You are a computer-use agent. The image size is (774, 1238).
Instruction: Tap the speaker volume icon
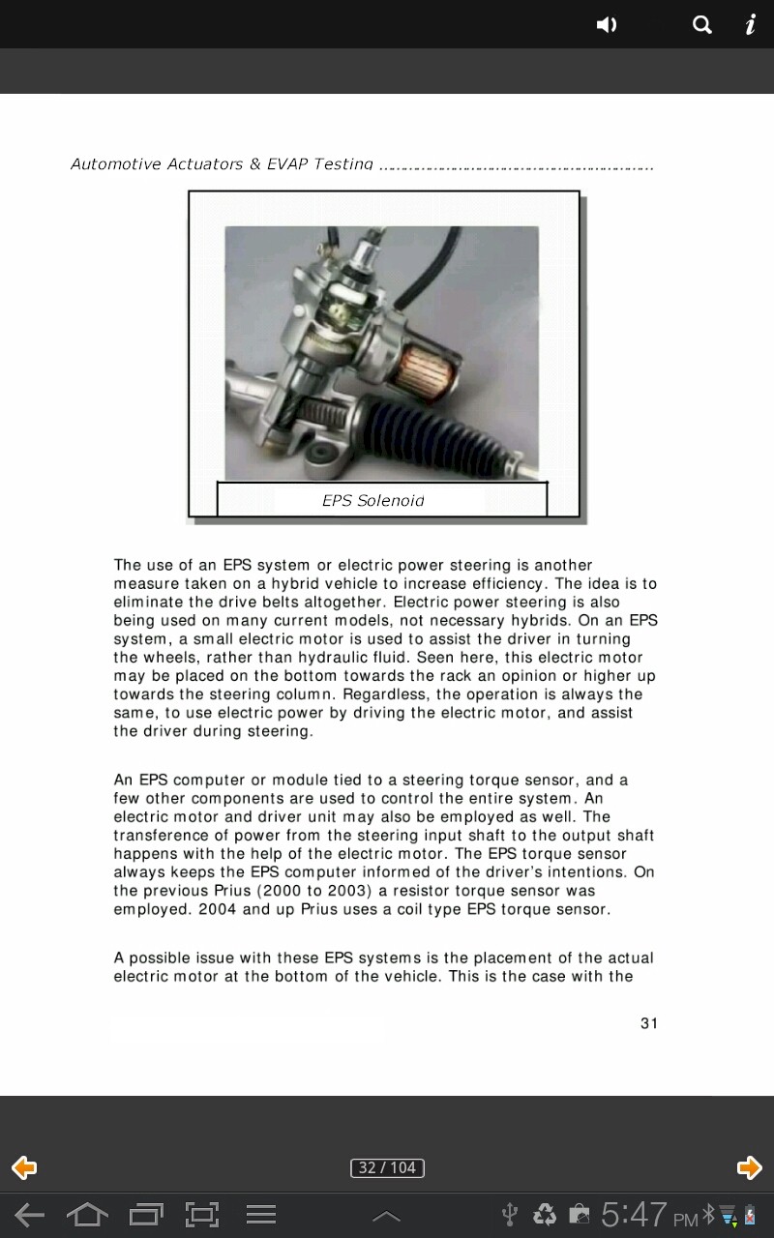click(x=607, y=25)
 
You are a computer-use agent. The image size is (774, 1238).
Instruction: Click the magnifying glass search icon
click(x=702, y=25)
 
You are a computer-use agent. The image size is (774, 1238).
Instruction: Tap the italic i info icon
click(x=750, y=25)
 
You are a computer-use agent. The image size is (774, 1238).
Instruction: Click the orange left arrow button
click(x=24, y=1167)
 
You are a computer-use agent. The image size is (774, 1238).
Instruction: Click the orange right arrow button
click(x=749, y=1167)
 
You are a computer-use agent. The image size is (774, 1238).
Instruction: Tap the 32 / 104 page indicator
click(x=387, y=1167)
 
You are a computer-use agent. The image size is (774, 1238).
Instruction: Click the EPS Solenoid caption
click(x=373, y=500)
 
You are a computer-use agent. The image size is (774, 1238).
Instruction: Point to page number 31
click(x=649, y=1023)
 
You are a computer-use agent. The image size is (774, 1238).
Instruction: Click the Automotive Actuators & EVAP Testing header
click(x=222, y=164)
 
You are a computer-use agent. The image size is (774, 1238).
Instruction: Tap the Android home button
click(x=87, y=1215)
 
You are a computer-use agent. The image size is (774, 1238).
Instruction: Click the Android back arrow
click(x=29, y=1215)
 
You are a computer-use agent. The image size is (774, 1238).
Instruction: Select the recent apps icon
click(x=146, y=1215)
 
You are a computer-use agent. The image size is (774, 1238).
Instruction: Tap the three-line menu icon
click(x=260, y=1215)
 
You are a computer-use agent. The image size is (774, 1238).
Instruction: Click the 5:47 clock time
click(x=634, y=1215)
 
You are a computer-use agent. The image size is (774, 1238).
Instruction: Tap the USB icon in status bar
click(x=510, y=1215)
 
